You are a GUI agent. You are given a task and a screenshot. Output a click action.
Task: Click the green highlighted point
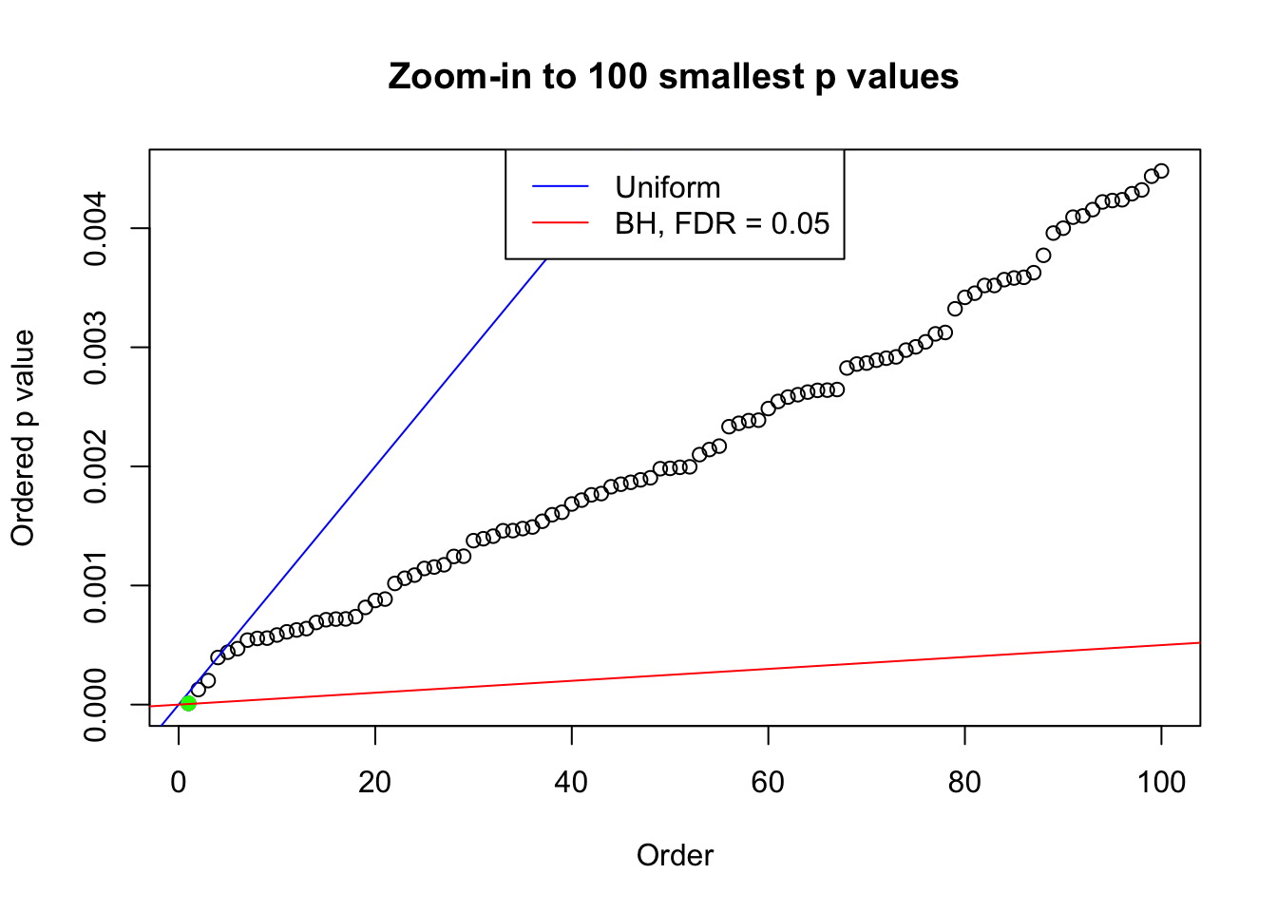(188, 703)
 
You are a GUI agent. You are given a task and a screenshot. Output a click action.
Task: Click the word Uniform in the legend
(667, 187)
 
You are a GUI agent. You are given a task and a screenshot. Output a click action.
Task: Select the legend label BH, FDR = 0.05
(722, 223)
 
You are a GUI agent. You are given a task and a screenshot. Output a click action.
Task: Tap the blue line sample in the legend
(560, 187)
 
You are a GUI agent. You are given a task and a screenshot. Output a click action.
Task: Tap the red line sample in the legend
(560, 223)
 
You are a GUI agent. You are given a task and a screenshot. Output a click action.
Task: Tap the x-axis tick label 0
(179, 783)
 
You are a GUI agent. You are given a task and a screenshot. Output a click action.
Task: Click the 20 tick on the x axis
(375, 783)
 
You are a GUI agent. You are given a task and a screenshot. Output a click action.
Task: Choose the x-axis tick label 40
(572, 783)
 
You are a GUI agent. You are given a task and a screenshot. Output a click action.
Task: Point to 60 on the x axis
(768, 783)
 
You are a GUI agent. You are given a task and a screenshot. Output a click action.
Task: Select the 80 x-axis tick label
(964, 783)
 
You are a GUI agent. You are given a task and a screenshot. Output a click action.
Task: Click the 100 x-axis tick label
(1161, 783)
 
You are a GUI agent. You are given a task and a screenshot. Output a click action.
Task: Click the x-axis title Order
(675, 856)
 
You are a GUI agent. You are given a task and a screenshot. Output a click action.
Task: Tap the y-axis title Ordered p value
(23, 438)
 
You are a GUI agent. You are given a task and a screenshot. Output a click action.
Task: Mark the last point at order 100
(1161, 171)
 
